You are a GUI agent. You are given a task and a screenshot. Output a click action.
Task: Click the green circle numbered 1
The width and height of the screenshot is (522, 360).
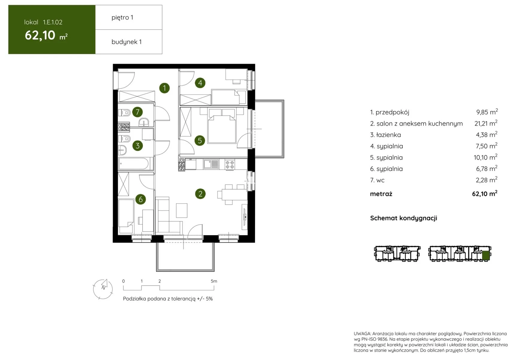164,88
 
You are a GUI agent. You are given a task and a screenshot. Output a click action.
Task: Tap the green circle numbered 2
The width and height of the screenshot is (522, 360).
200,194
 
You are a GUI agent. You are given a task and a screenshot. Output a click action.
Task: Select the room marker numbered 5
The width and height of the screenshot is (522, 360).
200,140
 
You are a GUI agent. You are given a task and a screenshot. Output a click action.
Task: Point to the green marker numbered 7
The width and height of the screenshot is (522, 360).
137,112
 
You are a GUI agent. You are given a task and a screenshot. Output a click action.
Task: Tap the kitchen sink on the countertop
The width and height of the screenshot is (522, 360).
211,164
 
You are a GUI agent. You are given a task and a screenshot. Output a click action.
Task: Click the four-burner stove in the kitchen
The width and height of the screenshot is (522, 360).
230,164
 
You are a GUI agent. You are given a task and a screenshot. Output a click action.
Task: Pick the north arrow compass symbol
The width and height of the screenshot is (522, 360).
103,289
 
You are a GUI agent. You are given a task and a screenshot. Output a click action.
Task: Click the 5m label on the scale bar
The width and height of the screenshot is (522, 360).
214,281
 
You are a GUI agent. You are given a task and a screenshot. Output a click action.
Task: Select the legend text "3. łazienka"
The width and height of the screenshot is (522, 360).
385,135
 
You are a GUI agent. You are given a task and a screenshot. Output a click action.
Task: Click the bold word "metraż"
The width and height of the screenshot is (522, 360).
381,194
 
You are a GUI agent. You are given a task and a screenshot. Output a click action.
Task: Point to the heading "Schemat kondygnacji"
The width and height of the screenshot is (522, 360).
403,218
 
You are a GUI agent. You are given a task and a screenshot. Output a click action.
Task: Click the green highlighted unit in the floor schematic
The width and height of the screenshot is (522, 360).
486,255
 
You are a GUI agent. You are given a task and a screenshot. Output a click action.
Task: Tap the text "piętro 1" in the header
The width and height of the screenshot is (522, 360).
122,17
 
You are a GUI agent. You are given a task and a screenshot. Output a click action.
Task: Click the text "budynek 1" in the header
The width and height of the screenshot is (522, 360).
127,42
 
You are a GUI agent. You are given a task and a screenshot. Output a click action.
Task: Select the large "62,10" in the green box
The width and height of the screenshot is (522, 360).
40,35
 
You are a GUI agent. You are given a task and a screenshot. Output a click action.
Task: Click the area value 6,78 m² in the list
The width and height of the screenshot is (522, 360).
487,168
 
